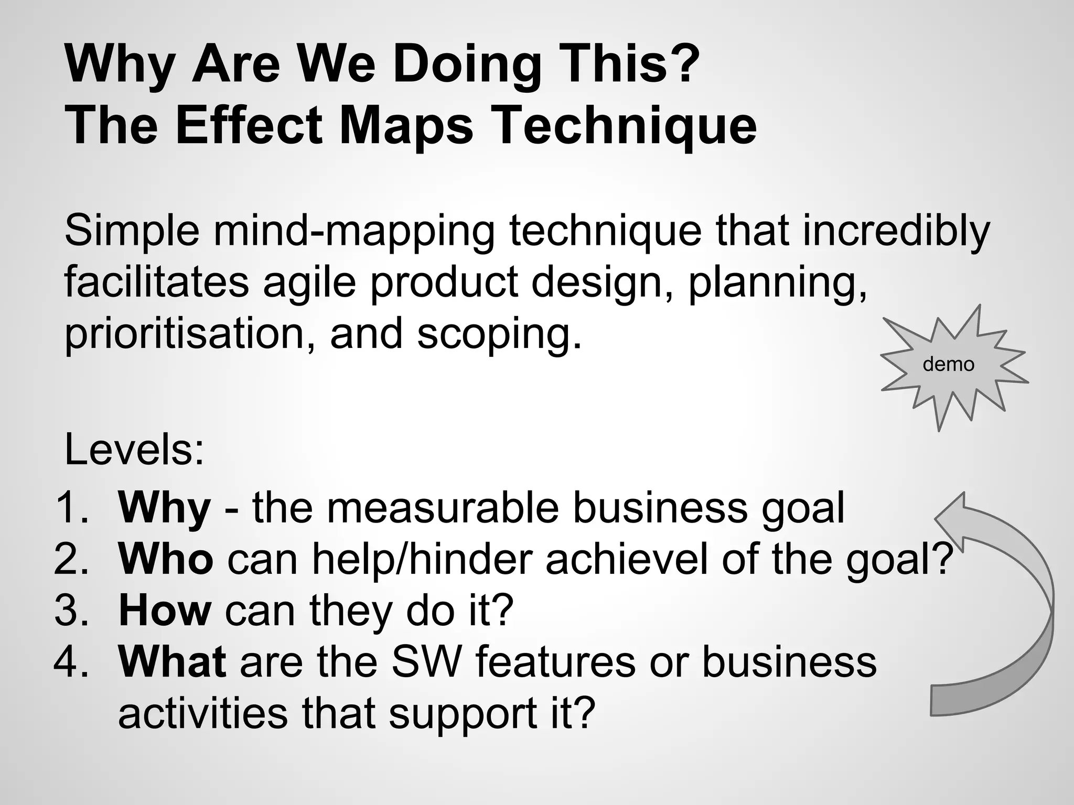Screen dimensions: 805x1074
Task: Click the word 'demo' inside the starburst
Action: coord(948,364)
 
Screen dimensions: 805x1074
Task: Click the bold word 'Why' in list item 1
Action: coord(164,508)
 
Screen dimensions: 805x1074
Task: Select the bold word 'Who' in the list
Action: coord(166,559)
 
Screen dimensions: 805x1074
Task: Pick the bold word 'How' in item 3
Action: coord(165,611)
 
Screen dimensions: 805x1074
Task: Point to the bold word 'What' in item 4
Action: coord(172,661)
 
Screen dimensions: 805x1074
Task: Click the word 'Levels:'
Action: coord(134,450)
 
